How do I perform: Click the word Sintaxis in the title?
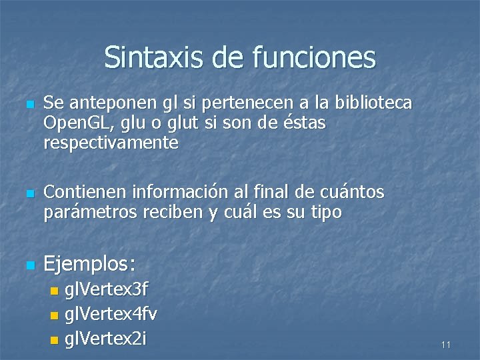[x=154, y=58]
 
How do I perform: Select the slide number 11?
[x=446, y=345]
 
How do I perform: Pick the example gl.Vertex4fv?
[x=111, y=313]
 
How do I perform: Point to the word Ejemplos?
[x=89, y=265]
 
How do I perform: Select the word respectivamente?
[x=111, y=143]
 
